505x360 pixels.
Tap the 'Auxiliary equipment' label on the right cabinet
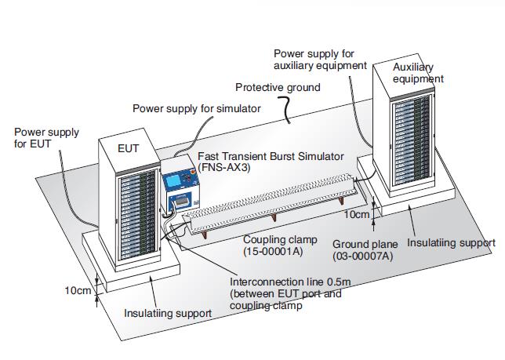(418, 73)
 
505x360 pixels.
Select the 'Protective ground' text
(278, 87)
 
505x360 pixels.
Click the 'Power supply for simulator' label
(196, 108)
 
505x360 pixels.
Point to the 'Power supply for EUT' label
(46, 138)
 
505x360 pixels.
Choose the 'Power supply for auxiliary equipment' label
(320, 59)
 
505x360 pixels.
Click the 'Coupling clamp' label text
(278, 239)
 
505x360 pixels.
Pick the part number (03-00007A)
(363, 256)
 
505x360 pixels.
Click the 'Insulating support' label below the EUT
(168, 313)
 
